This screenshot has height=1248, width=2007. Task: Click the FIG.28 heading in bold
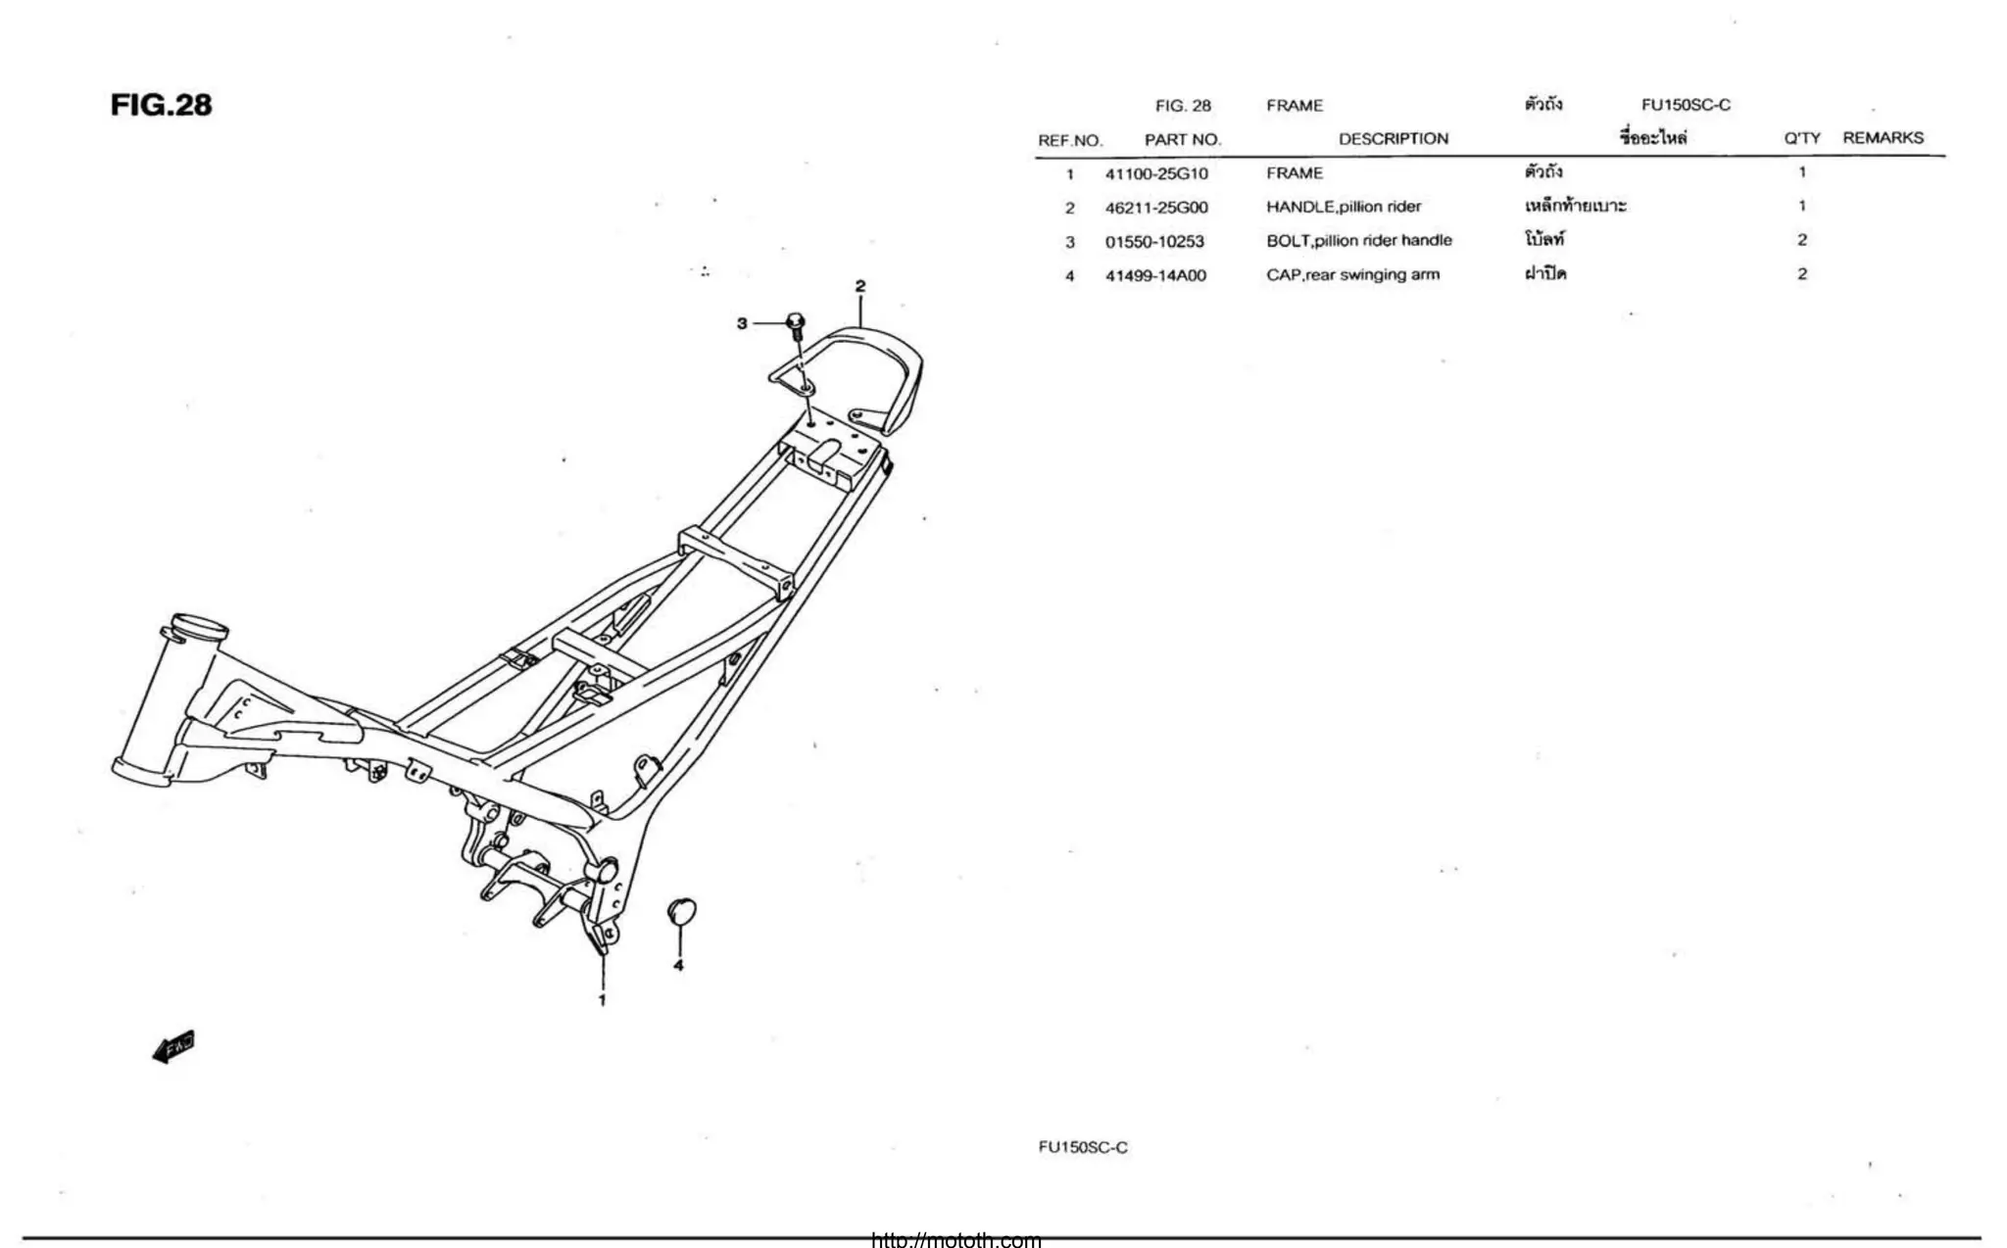161,105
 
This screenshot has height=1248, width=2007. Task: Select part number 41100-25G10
1156,173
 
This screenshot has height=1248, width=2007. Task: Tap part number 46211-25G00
1156,208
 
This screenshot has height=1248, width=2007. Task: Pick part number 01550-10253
1154,241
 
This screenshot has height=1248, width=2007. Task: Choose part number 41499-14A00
1155,275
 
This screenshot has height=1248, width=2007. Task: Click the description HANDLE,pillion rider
1343,207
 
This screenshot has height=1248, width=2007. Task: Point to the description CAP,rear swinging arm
1352,274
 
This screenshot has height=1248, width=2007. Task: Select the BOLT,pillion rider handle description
1358,240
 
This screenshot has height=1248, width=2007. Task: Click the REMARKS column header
1883,138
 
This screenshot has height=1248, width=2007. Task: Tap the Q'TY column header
1801,138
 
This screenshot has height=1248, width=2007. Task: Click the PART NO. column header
1183,139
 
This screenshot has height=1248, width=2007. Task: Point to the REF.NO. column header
1070,140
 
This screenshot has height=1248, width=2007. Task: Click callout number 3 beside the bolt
742,323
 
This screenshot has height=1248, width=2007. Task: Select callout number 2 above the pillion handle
860,286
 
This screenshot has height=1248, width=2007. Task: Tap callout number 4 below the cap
678,965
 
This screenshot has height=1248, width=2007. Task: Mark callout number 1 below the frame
602,1000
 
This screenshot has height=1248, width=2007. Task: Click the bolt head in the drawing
796,322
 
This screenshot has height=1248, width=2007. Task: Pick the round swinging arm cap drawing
681,910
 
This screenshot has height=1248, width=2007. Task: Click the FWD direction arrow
174,1047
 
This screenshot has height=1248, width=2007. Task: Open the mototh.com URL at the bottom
955,1240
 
